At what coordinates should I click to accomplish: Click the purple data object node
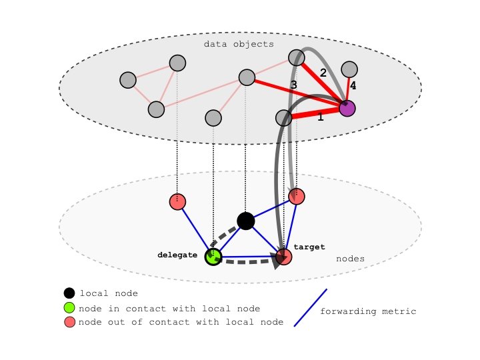(347, 108)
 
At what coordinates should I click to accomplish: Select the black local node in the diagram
(245, 221)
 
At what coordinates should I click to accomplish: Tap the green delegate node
(213, 257)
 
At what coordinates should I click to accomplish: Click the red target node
(285, 257)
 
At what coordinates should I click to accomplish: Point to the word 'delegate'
(177, 255)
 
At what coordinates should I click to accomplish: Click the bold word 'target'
(309, 247)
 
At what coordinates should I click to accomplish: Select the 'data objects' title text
(239, 44)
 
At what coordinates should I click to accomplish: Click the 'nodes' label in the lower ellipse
(349, 259)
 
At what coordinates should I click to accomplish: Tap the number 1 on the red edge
(321, 117)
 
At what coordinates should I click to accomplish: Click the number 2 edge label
(323, 73)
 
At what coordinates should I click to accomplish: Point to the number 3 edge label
(293, 85)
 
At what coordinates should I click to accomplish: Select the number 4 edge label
(353, 86)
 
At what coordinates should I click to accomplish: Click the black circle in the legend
(69, 293)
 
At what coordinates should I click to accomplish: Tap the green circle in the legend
(69, 308)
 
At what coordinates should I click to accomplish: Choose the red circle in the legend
(69, 323)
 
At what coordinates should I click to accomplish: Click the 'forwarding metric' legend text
(368, 311)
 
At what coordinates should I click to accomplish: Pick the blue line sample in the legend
(311, 307)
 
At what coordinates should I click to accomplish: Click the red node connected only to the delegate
(177, 201)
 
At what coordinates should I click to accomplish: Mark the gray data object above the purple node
(349, 69)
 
